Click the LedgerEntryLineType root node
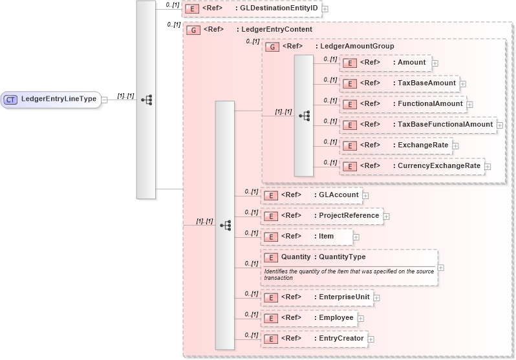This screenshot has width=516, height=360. click(x=51, y=100)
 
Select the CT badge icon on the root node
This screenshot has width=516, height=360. click(x=11, y=100)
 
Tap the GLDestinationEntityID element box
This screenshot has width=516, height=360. click(x=252, y=9)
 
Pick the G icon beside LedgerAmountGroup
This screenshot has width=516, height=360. click(x=273, y=47)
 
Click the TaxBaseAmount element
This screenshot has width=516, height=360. click(x=399, y=83)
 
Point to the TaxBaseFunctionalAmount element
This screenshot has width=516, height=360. click(x=418, y=125)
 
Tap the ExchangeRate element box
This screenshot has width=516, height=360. click(x=395, y=145)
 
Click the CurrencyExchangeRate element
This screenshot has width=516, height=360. click(x=411, y=166)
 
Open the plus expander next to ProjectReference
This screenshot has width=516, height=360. click(x=387, y=216)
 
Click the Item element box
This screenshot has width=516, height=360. click(x=306, y=237)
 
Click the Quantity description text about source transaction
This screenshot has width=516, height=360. click(x=349, y=274)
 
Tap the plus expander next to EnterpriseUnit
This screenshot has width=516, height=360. click(x=377, y=297)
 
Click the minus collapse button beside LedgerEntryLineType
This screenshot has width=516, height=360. click(x=104, y=100)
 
